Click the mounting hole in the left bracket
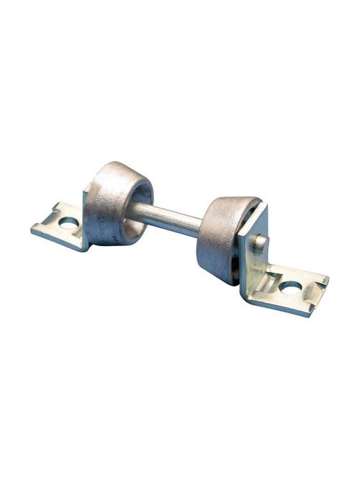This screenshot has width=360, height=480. point(69,223)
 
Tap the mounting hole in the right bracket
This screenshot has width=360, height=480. point(291,286)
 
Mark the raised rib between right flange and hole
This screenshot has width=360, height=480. point(269,277)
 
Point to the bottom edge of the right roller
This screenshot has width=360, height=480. point(220,279)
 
